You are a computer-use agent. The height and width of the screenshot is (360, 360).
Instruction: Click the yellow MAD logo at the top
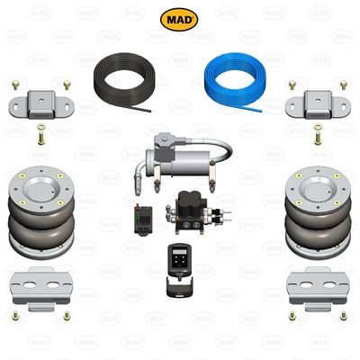[180, 20]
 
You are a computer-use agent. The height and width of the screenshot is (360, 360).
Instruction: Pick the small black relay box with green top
[141, 217]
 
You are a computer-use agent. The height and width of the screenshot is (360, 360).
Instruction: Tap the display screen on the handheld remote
[178, 253]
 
